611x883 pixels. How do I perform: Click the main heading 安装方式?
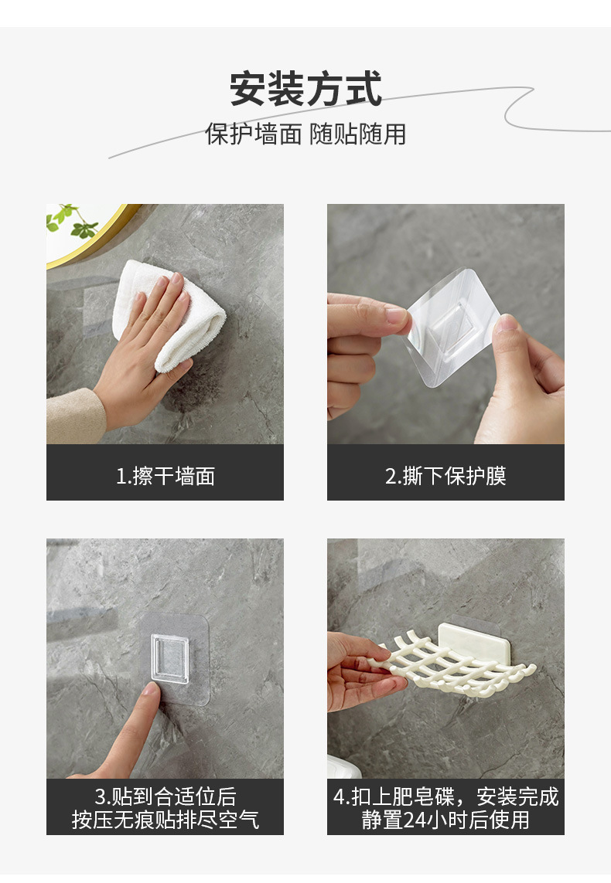tap(305, 89)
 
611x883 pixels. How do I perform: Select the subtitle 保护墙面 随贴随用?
tap(305, 134)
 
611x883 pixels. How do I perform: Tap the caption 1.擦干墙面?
tap(165, 476)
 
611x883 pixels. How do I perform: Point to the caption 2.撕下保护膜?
tap(445, 476)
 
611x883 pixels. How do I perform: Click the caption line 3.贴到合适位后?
tap(165, 796)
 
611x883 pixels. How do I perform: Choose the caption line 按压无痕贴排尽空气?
tap(165, 820)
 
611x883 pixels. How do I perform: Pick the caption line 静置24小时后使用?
tap(445, 820)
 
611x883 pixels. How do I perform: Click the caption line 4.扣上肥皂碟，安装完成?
tap(445, 796)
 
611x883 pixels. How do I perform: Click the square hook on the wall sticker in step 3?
tap(169, 659)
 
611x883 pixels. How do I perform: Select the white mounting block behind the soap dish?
tap(468, 640)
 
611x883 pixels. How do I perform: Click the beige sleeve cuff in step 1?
tap(73, 417)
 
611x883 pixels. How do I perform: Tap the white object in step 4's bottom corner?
tap(342, 766)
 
